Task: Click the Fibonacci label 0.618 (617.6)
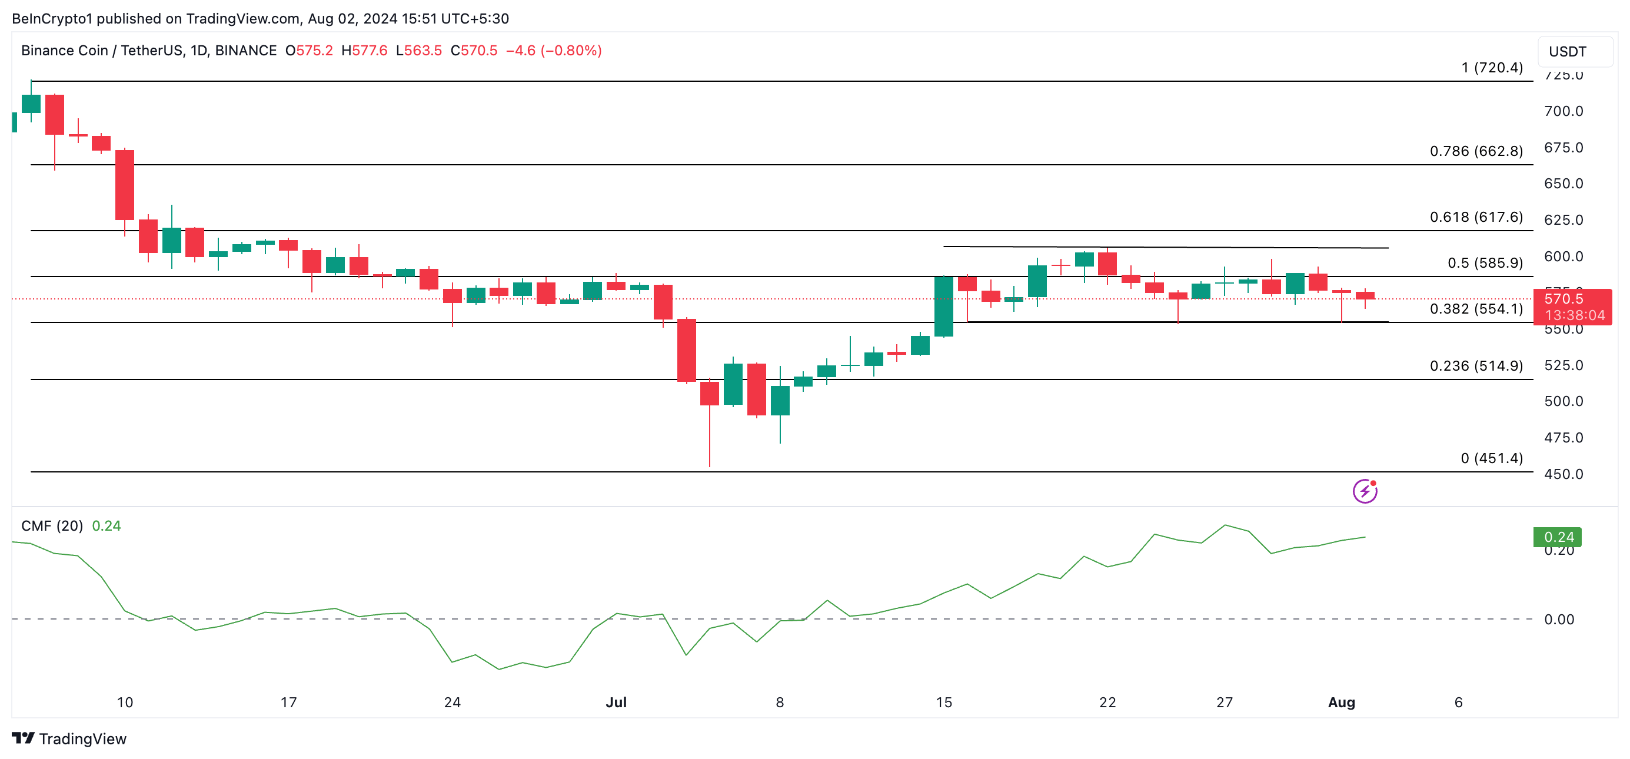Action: pyautogui.click(x=1476, y=217)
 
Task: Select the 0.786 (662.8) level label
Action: pyautogui.click(x=1476, y=151)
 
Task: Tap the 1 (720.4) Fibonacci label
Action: pyautogui.click(x=1492, y=68)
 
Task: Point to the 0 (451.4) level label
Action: pyautogui.click(x=1492, y=458)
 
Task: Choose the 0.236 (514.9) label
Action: pyautogui.click(x=1476, y=365)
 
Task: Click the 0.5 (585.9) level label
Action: pyautogui.click(x=1485, y=262)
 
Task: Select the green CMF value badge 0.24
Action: pyautogui.click(x=1557, y=537)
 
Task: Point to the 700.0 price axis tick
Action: pyautogui.click(x=1563, y=111)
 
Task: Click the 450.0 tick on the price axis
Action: pyautogui.click(x=1563, y=474)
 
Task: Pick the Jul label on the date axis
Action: pyautogui.click(x=616, y=702)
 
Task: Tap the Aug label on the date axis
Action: pyautogui.click(x=1341, y=702)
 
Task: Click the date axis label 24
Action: pyautogui.click(x=452, y=702)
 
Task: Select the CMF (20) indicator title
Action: pyautogui.click(x=52, y=525)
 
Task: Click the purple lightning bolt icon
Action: pyautogui.click(x=1365, y=491)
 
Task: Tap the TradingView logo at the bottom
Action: pyautogui.click(x=69, y=739)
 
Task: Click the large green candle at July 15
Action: pyautogui.click(x=943, y=306)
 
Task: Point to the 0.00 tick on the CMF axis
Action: pyautogui.click(x=1558, y=619)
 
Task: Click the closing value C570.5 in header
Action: pyautogui.click(x=474, y=51)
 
